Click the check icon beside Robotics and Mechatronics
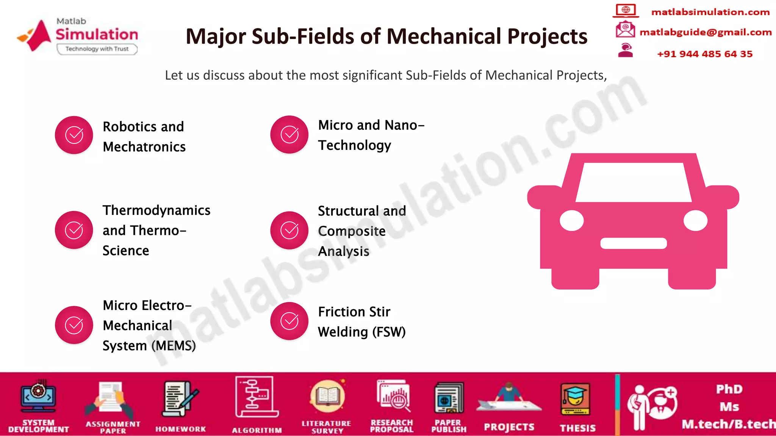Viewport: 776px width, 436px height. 74,135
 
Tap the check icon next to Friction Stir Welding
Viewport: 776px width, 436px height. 289,321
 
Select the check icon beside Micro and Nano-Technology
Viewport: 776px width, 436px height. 289,134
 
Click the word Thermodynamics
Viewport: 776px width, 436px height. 156,210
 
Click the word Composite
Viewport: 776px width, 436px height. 352,231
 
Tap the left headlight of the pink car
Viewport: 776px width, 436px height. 571,221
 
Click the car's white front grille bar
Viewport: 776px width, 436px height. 633,243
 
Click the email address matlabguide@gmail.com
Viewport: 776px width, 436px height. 706,32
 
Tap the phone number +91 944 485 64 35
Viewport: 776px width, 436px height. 705,54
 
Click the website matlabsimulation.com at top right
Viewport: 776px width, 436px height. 710,12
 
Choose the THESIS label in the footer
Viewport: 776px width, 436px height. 578,428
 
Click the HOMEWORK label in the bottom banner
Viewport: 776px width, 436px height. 181,429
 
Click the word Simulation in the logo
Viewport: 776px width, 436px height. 97,34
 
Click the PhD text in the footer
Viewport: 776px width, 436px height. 729,389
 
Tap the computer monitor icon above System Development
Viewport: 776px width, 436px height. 38,397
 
